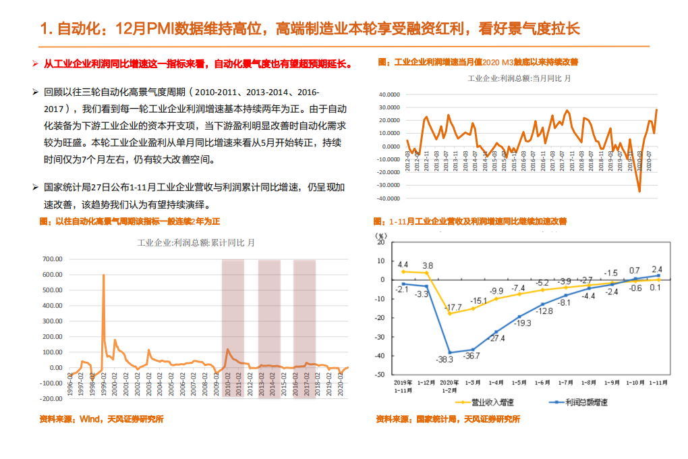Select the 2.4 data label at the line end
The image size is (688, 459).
click(x=657, y=269)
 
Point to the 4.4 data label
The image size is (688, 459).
click(x=403, y=265)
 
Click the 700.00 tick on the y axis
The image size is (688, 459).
click(x=53, y=259)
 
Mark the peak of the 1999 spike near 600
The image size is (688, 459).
click(x=103, y=275)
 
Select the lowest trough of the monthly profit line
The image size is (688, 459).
click(x=639, y=191)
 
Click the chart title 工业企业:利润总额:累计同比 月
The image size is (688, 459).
click(x=196, y=242)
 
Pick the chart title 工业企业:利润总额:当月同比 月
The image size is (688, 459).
click(x=519, y=78)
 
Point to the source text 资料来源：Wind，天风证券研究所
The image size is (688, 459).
click(x=101, y=418)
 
